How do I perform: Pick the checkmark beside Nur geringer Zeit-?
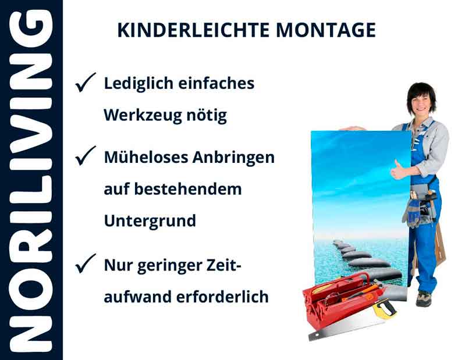point(86,265)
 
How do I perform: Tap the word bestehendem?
point(190,190)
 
